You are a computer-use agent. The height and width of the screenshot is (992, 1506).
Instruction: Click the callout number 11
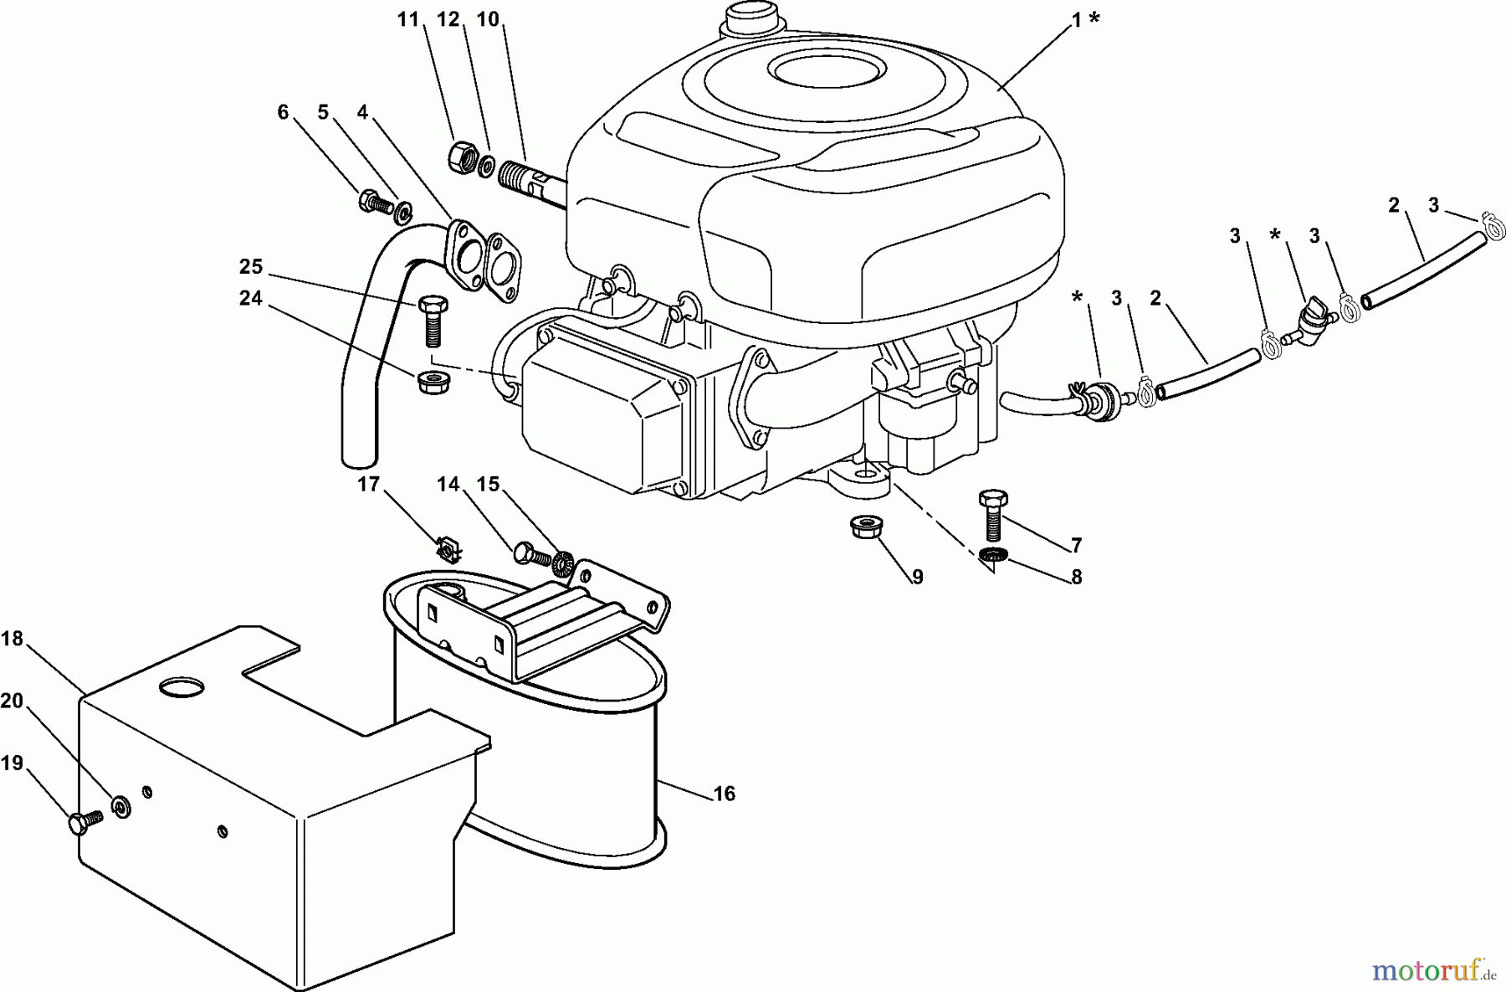coord(407,19)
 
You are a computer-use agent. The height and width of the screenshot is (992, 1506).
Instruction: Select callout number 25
coord(251,267)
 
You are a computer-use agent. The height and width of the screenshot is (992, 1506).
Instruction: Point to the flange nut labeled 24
coord(429,382)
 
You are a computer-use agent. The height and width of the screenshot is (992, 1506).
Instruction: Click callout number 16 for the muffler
coord(725,793)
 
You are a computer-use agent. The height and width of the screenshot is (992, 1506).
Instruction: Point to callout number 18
coord(12,639)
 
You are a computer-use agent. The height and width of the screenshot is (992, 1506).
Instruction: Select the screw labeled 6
coord(376,202)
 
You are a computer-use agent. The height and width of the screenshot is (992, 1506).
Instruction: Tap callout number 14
coord(448,484)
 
